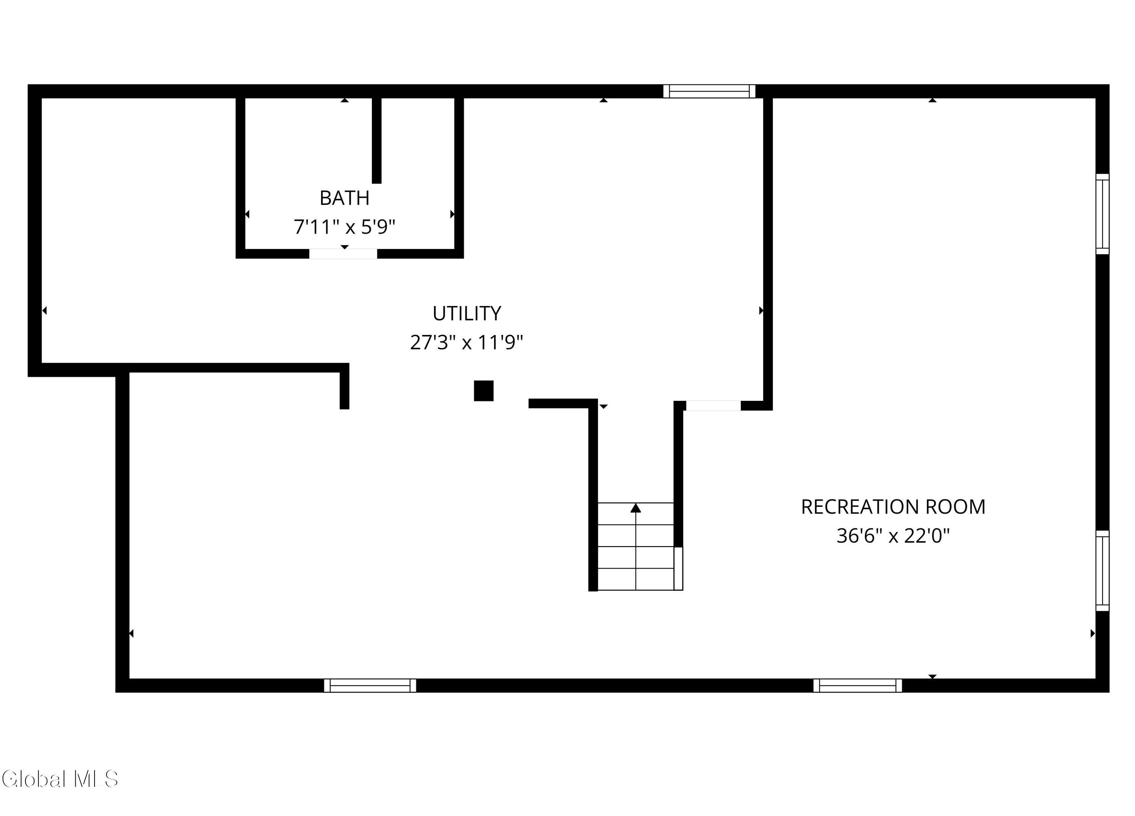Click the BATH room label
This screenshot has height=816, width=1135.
[344, 198]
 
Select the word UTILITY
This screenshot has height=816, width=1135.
[466, 313]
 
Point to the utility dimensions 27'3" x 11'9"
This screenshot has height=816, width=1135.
[466, 343]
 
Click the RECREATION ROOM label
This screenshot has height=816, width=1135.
[893, 507]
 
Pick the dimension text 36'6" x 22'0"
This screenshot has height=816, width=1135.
[893, 536]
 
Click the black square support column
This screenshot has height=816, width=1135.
[484, 391]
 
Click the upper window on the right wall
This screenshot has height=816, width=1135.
[1102, 214]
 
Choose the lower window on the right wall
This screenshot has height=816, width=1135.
[1102, 571]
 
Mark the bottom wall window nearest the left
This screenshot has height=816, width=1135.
[370, 685]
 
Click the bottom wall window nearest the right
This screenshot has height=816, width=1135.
[858, 685]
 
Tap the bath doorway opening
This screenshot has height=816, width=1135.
[343, 254]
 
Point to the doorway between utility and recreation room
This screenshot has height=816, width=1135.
[713, 405]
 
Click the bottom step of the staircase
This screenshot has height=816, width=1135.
[636, 579]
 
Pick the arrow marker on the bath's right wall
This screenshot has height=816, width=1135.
[452, 214]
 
